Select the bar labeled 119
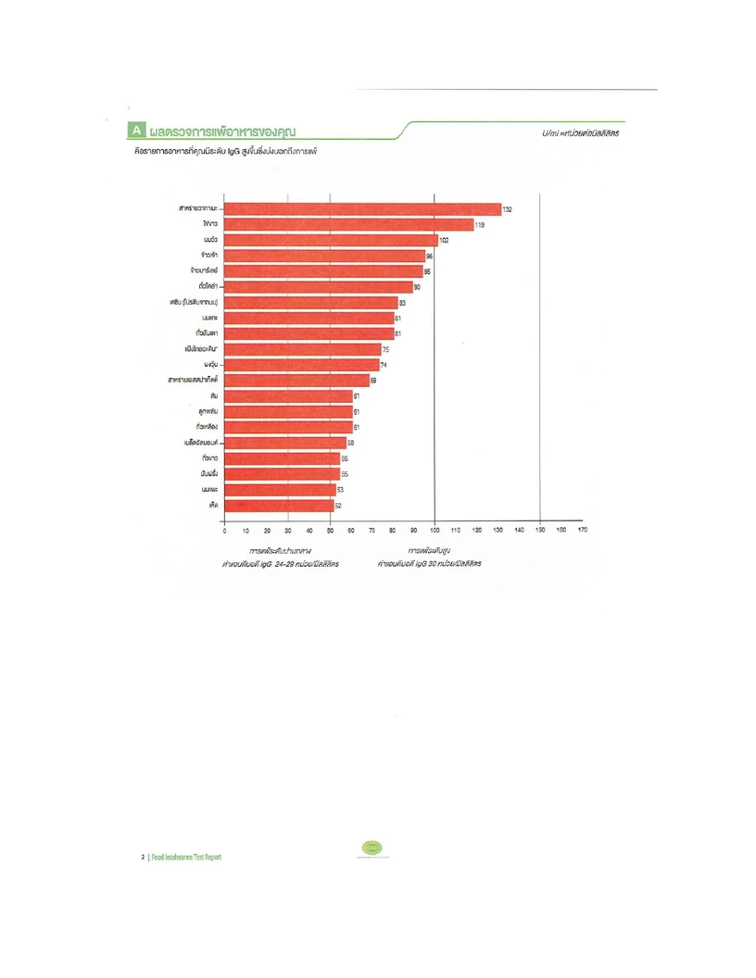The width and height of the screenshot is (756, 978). [x=349, y=225]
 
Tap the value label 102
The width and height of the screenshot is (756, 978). [x=445, y=240]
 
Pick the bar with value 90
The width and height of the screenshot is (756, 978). [x=319, y=287]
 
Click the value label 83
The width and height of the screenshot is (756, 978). [x=403, y=303]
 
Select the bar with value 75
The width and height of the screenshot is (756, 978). [x=303, y=349]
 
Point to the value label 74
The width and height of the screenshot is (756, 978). [x=384, y=365]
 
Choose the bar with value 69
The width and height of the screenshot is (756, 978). [x=296, y=381]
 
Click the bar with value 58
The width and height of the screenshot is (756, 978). [x=285, y=443]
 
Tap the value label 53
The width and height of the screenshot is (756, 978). [x=340, y=490]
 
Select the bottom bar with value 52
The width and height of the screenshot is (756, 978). [x=279, y=506]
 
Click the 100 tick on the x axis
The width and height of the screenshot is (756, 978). [x=435, y=530]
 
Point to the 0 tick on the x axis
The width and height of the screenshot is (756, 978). [x=225, y=530]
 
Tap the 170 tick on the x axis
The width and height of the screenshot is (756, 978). [x=583, y=530]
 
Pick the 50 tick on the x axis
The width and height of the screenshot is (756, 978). [x=330, y=530]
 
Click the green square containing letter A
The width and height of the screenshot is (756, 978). [x=136, y=130]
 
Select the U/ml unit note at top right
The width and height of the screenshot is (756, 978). [x=581, y=133]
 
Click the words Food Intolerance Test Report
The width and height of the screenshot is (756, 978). [x=186, y=857]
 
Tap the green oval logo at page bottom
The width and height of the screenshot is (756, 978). [x=372, y=847]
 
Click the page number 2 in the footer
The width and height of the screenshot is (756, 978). [x=142, y=857]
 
